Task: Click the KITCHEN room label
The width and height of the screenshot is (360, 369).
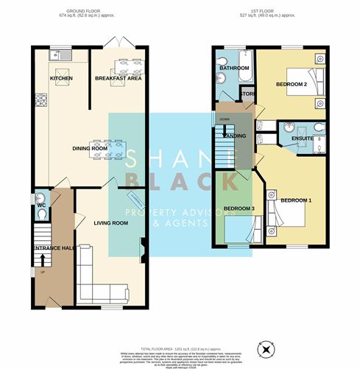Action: click(60, 77)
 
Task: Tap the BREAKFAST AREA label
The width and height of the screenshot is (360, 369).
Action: click(118, 77)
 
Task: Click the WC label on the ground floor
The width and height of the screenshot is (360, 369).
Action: click(40, 205)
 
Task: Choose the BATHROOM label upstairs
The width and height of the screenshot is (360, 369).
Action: click(234, 68)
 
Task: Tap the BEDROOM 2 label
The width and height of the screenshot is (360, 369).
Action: click(291, 85)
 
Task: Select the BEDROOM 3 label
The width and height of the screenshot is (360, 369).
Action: click(239, 209)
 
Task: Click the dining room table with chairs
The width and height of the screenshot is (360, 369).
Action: click(113, 147)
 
